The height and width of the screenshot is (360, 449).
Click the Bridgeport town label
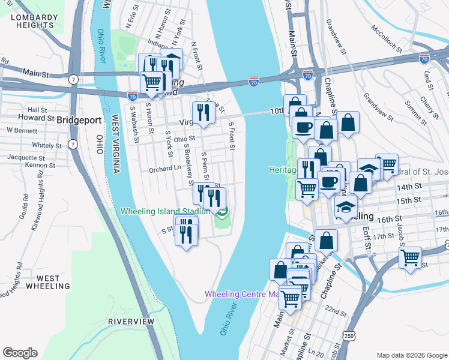click(79, 120)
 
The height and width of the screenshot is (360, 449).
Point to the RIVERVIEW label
click(131, 322)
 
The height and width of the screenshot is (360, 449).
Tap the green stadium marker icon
click(222, 211)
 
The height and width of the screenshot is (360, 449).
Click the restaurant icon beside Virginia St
click(203, 113)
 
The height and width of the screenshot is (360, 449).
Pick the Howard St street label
click(32, 118)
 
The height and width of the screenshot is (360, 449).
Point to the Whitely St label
click(43, 145)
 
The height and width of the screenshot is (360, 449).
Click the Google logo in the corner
click(20, 353)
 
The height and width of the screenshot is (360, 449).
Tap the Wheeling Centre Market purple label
click(241, 294)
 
